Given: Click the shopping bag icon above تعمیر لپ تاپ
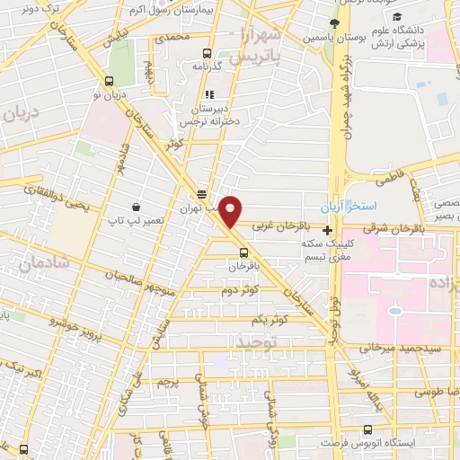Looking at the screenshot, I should pos(135,207).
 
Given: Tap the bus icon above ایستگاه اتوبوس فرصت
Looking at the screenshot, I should pos(366,430).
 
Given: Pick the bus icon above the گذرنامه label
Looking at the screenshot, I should pos(208,53).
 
